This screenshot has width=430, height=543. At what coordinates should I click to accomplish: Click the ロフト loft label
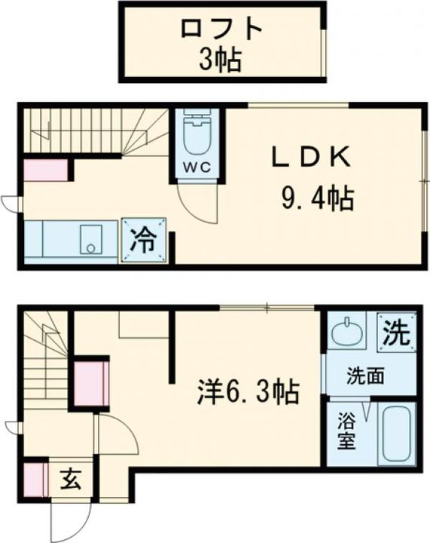(221, 29)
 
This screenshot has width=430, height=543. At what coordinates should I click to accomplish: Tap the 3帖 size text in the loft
(221, 60)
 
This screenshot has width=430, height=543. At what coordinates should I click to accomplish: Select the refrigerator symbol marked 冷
(145, 242)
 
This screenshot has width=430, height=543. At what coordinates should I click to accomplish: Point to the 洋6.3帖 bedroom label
(249, 391)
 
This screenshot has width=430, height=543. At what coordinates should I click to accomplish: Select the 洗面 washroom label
(362, 376)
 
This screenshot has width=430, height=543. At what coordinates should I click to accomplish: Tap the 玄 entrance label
(71, 478)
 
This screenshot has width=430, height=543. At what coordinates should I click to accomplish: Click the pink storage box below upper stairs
(45, 170)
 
